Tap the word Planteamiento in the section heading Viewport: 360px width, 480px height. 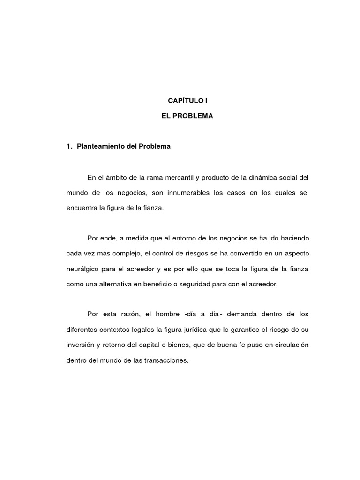point(98,146)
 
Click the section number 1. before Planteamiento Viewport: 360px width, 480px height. point(70,146)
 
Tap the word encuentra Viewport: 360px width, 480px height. point(82,208)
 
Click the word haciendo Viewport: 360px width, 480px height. point(292,238)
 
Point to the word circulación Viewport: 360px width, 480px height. point(290,345)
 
